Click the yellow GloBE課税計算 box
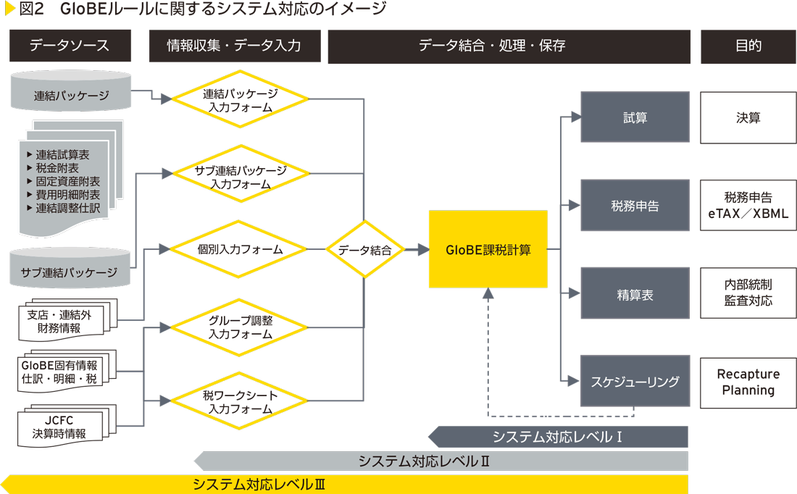point(488,250)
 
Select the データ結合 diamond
point(364,250)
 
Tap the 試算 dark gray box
point(635,117)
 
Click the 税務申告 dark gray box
point(635,206)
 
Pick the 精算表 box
point(635,295)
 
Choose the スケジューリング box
point(635,381)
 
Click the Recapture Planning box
point(748,382)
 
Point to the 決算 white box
point(748,117)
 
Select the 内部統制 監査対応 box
point(748,293)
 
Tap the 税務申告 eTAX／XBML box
point(748,206)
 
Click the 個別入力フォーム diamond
point(240,249)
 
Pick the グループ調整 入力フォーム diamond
point(240,327)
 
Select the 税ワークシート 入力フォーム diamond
point(240,402)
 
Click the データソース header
point(70,46)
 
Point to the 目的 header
point(748,46)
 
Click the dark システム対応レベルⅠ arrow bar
point(558,437)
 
